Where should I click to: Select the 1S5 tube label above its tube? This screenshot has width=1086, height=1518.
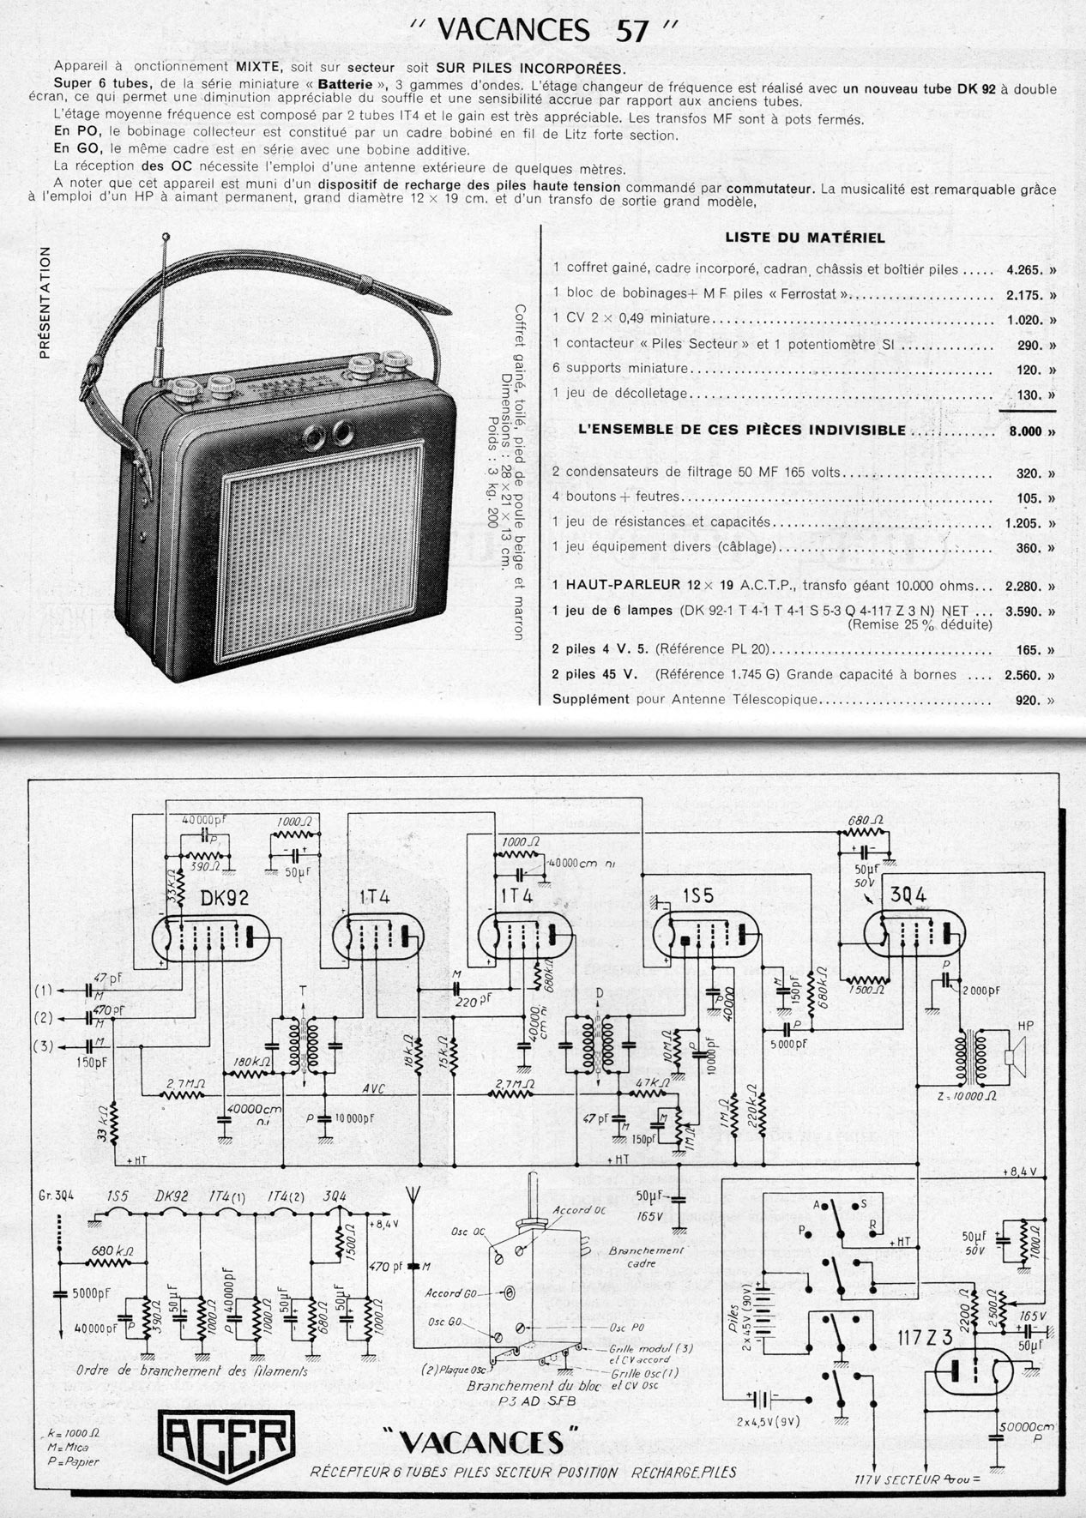coord(697,895)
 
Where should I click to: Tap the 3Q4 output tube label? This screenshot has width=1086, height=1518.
coord(908,895)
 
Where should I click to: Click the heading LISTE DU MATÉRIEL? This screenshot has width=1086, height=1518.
coord(805,238)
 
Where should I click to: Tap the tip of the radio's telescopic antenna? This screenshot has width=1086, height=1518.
coord(166,236)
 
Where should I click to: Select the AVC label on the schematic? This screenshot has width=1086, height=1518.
coord(374,1088)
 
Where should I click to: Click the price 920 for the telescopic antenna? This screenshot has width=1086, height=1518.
coord(1027,700)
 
